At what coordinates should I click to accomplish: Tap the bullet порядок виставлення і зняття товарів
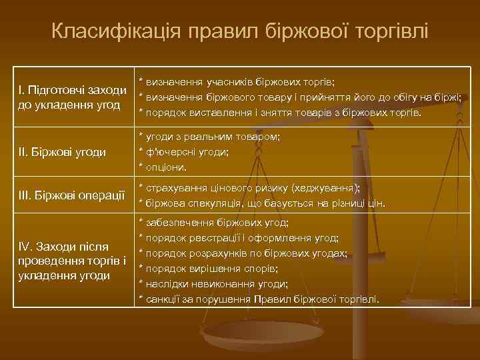280,113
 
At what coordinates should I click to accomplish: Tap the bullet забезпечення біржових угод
213,222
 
